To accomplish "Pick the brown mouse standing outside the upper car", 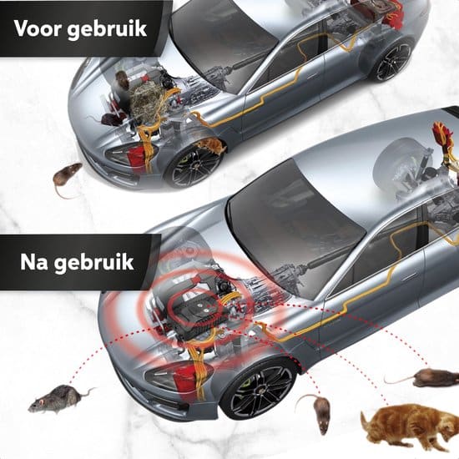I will point(67,175).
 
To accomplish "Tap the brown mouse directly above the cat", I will point(426,376).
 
